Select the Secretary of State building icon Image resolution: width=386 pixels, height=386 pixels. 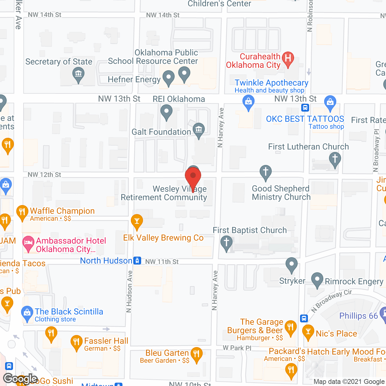[x=78, y=74]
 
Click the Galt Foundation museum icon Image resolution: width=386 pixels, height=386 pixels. [x=198, y=130]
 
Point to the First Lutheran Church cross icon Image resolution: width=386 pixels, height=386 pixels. [x=335, y=158]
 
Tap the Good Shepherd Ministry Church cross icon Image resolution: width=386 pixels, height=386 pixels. [x=265, y=172]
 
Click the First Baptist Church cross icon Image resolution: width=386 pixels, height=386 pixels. [x=226, y=242]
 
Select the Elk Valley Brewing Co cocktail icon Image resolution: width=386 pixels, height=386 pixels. [x=137, y=221]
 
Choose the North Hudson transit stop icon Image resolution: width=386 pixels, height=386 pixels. [x=137, y=261]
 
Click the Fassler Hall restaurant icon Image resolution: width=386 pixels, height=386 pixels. [x=76, y=342]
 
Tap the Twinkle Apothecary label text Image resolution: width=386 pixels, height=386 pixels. [x=271, y=83]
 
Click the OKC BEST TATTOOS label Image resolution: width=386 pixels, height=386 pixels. [x=305, y=119]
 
